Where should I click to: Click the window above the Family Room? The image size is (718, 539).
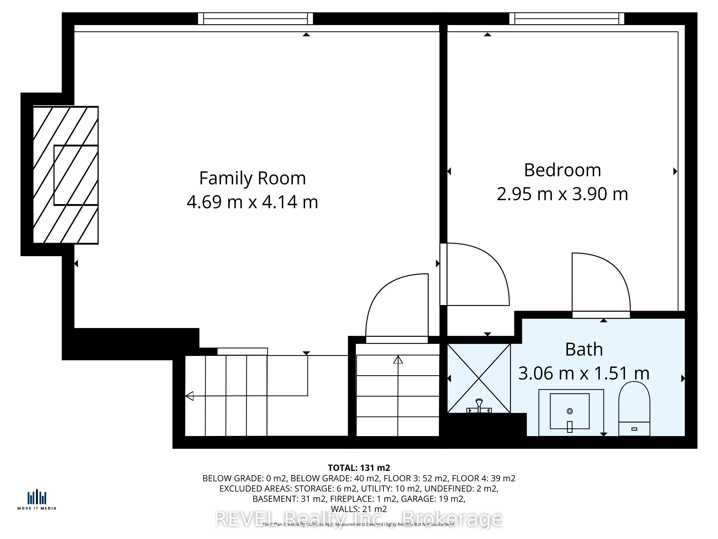255,19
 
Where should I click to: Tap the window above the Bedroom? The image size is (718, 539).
567,19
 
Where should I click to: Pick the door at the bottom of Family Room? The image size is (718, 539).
397,307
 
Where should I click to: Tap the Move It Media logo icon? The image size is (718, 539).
37,497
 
